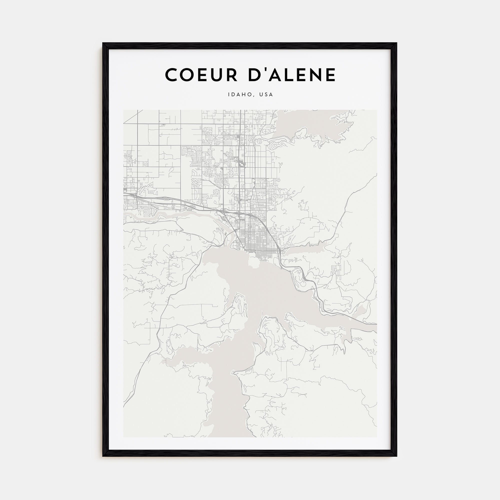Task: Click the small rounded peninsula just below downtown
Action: (254, 262)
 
